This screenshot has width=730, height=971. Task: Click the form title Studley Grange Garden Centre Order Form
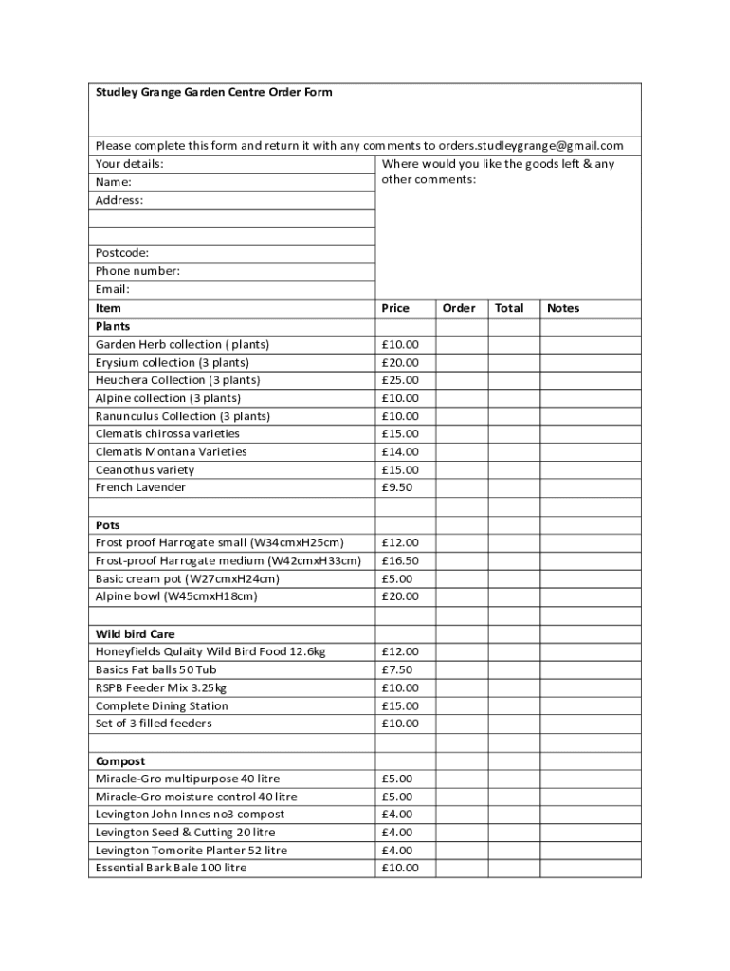click(213, 93)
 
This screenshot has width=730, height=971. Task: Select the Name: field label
click(114, 182)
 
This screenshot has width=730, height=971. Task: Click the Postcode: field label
click(122, 253)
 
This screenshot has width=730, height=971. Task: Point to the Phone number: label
click(137, 271)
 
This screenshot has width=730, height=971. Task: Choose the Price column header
click(395, 308)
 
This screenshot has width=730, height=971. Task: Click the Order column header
click(459, 308)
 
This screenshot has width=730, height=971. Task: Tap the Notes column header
click(563, 308)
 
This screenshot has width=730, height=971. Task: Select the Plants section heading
click(113, 326)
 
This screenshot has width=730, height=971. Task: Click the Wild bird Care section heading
click(136, 633)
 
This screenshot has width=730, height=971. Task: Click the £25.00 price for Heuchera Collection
click(400, 380)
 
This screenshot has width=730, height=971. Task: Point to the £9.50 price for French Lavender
click(397, 487)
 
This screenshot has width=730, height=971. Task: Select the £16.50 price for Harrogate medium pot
click(400, 560)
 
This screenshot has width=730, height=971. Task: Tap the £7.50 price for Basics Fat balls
click(397, 669)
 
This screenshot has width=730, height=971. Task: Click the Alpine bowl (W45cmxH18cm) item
click(176, 596)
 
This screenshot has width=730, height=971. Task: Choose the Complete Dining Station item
click(162, 705)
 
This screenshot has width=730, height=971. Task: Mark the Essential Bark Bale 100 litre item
click(171, 868)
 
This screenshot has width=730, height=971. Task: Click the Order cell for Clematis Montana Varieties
click(462, 452)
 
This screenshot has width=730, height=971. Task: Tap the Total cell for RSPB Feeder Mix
click(514, 687)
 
